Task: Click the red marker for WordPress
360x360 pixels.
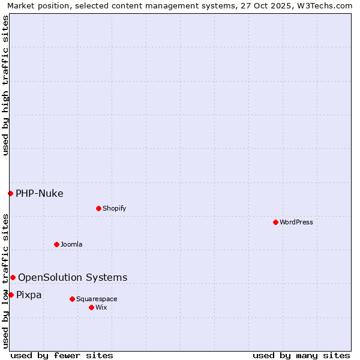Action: (275, 222)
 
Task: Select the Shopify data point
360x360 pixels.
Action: (98, 208)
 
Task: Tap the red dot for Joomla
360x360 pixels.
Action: (56, 244)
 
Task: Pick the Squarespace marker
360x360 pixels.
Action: (72, 299)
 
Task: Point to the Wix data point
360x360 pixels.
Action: (91, 307)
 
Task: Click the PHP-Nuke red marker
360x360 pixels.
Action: (10, 193)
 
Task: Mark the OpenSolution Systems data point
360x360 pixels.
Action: (13, 277)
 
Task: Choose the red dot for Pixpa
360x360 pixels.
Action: (11, 295)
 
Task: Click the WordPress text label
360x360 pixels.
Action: (296, 222)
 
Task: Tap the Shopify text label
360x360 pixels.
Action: (114, 208)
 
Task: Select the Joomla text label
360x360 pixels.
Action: (71, 244)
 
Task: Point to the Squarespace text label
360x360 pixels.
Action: (97, 299)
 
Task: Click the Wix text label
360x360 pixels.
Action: (101, 307)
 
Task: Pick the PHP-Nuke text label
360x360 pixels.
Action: (40, 193)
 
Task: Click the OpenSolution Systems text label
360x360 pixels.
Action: (73, 277)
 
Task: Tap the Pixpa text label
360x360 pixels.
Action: (29, 295)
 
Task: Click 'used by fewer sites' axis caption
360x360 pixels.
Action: (62, 355)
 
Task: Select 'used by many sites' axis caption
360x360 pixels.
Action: (301, 355)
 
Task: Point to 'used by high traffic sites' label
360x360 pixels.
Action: (5, 85)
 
